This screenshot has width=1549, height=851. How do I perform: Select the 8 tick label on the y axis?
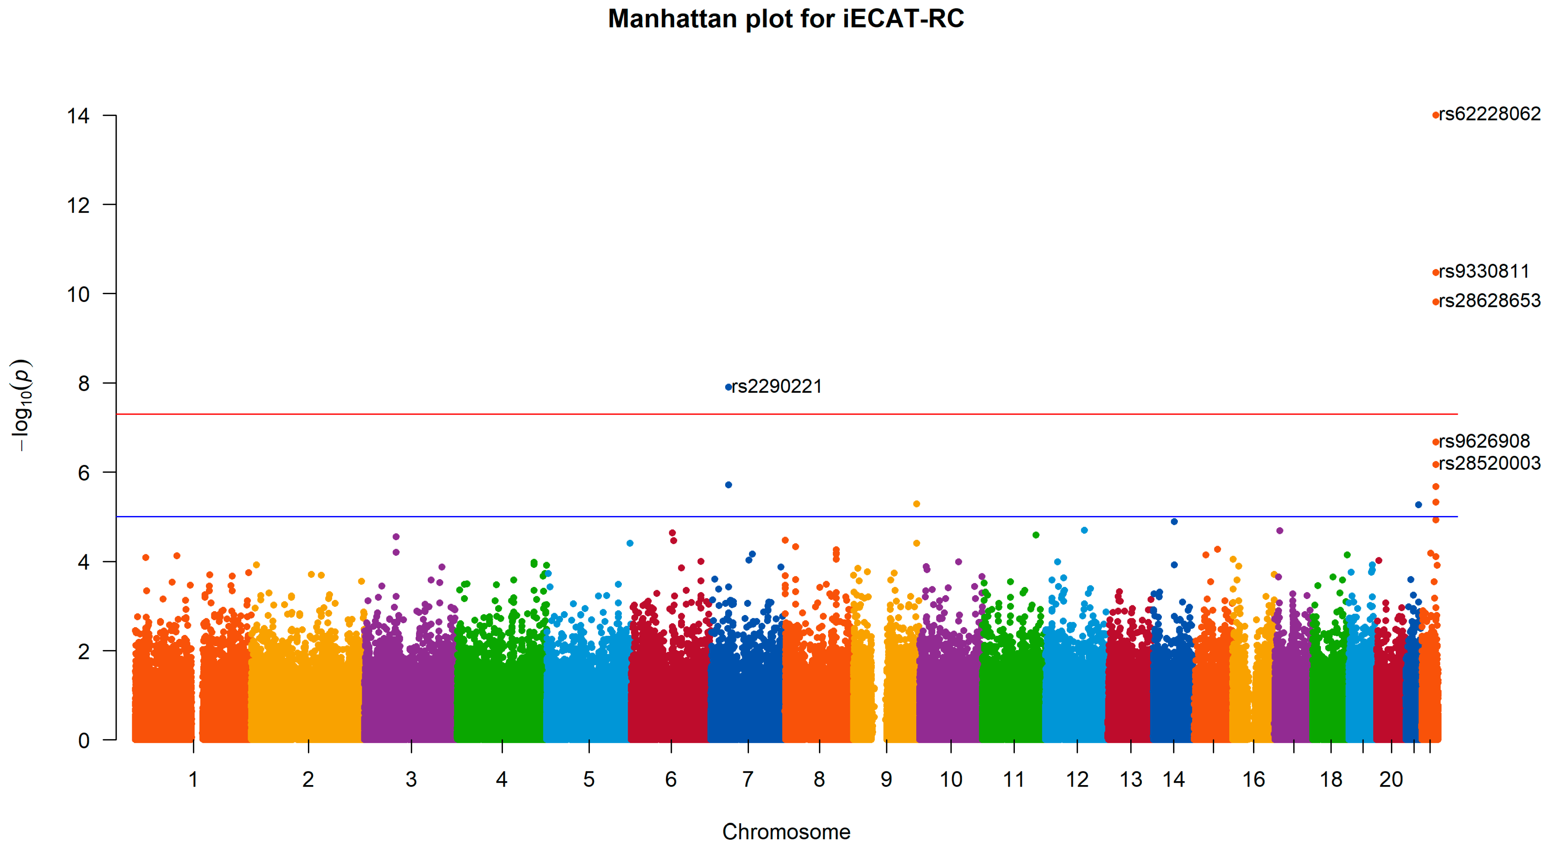(x=83, y=384)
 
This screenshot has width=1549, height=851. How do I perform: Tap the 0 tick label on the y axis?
(x=83, y=740)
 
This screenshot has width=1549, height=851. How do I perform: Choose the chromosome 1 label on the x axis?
(x=193, y=779)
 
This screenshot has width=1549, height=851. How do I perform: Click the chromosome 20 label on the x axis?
(x=1390, y=779)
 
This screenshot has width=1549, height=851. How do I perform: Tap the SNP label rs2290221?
(x=776, y=386)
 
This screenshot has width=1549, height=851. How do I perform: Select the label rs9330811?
(x=1483, y=271)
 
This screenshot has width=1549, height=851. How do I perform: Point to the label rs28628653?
(x=1489, y=301)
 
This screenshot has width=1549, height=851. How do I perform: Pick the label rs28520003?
(x=1489, y=463)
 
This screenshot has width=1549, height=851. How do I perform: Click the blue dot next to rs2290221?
(x=728, y=387)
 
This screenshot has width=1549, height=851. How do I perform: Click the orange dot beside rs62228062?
(x=1436, y=115)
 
